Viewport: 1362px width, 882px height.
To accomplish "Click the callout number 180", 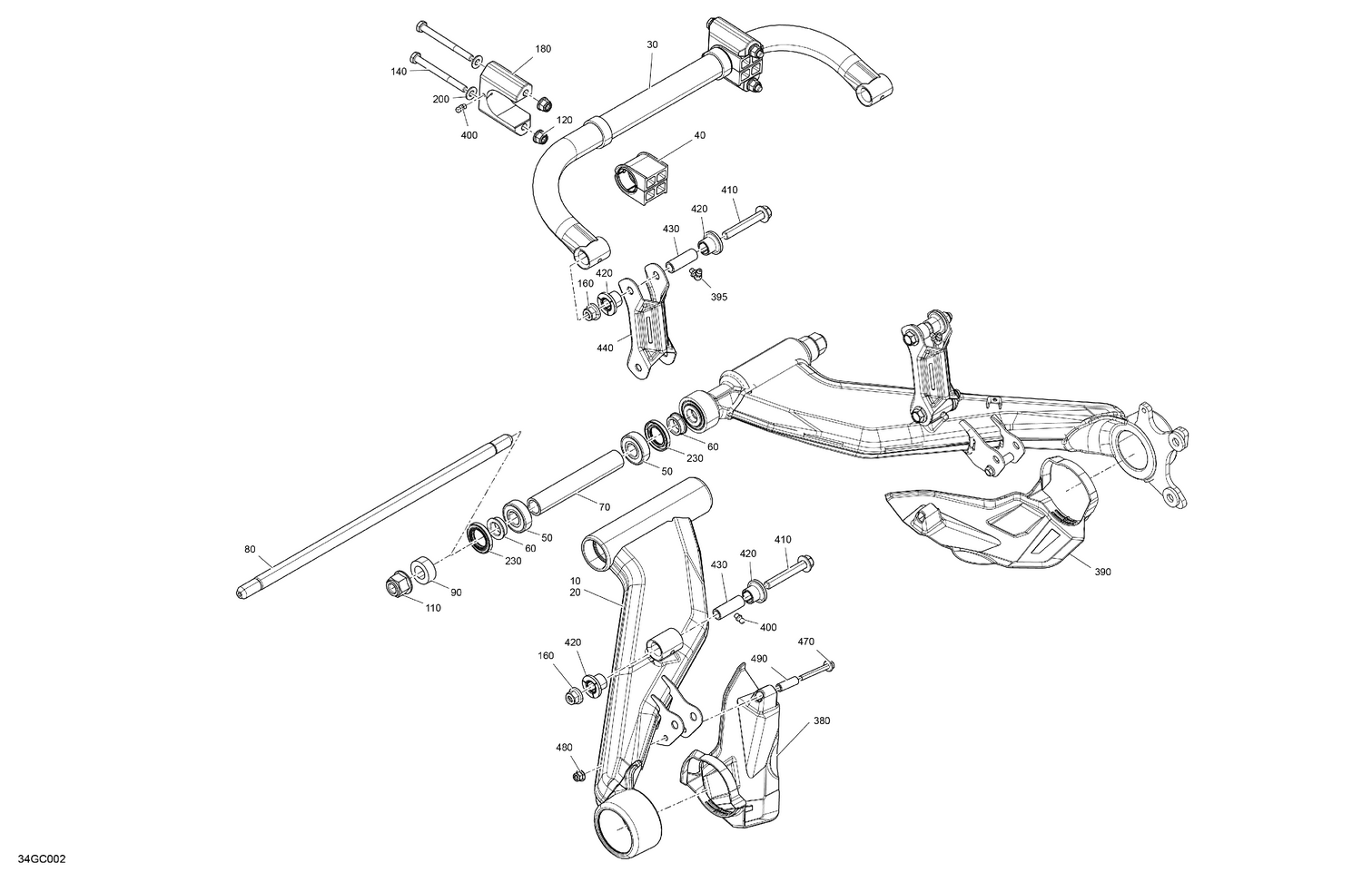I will pyautogui.click(x=542, y=49).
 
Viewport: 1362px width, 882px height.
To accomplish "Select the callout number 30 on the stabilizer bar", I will pyautogui.click(x=652, y=44).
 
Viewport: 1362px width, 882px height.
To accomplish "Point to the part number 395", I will pyautogui.click(x=718, y=297).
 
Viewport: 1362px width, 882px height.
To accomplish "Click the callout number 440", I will pyautogui.click(x=606, y=348).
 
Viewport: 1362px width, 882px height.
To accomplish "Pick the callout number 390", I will pyautogui.click(x=1102, y=572).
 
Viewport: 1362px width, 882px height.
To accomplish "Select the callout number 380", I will pyautogui.click(x=821, y=721).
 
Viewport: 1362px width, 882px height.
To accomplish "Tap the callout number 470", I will pyautogui.click(x=805, y=642).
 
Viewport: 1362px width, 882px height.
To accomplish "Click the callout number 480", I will pyautogui.click(x=564, y=748).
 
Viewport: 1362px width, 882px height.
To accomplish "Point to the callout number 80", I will pyautogui.click(x=251, y=549).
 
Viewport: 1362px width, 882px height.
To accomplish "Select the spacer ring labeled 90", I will pyautogui.click(x=424, y=571).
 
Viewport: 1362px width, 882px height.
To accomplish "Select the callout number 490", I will pyautogui.click(x=759, y=658).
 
